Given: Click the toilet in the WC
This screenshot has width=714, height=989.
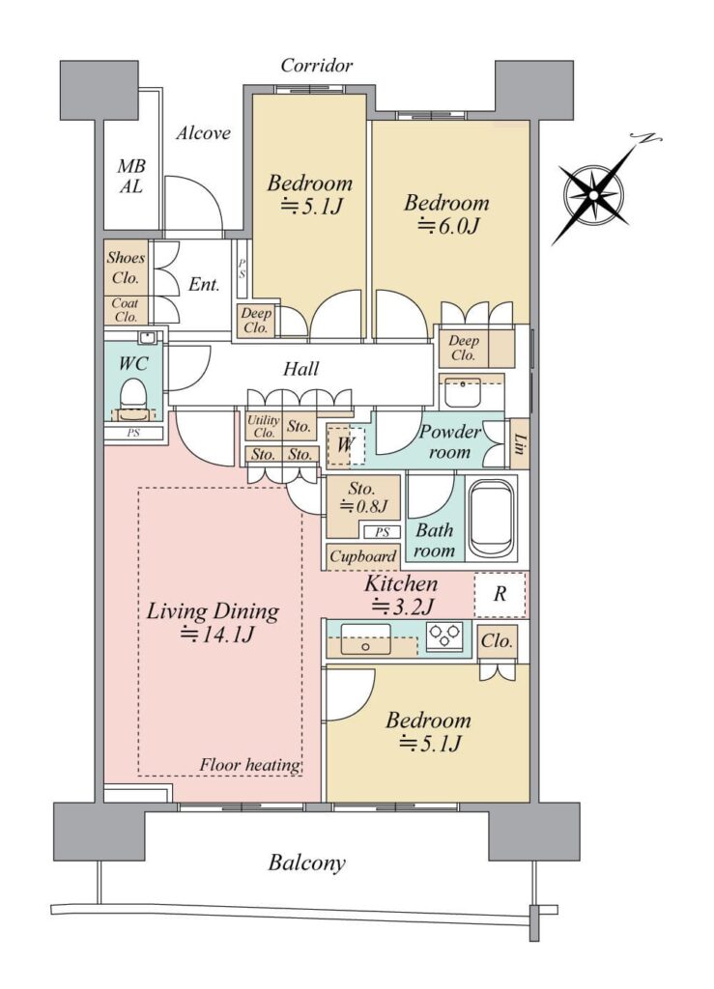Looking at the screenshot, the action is point(132,397).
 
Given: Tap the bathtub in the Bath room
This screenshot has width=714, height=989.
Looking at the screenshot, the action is point(491,517).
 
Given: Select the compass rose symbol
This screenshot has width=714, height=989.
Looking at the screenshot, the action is point(594,192).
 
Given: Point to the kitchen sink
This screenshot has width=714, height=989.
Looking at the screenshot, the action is point(366,639).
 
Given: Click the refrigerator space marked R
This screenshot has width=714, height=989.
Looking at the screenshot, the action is point(500,594).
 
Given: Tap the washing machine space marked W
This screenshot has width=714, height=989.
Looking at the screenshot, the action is point(346,445).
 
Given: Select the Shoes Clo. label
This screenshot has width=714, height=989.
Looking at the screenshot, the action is point(126,268).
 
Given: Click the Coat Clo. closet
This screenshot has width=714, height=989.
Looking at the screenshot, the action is point(127,311).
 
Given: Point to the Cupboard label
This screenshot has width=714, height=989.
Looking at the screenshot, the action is point(362,556).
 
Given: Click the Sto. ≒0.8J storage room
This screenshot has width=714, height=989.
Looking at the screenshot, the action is point(363,506).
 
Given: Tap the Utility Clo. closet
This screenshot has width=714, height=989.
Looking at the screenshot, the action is point(263,427).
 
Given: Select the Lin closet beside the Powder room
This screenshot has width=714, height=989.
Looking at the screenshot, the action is point(519,444).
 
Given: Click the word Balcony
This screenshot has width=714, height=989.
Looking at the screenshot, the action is point(306,862).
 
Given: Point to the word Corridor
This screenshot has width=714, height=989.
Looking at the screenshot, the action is point(317,65).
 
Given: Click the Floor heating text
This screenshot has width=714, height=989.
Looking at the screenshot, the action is point(250,765).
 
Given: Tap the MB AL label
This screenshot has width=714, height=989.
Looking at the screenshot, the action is point(131,176).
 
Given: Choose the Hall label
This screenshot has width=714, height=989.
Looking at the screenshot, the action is point(300,368).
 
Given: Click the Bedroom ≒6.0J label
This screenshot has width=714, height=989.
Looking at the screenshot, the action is point(446,213).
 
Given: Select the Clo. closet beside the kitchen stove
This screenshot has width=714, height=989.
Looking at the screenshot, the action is point(497,642).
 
